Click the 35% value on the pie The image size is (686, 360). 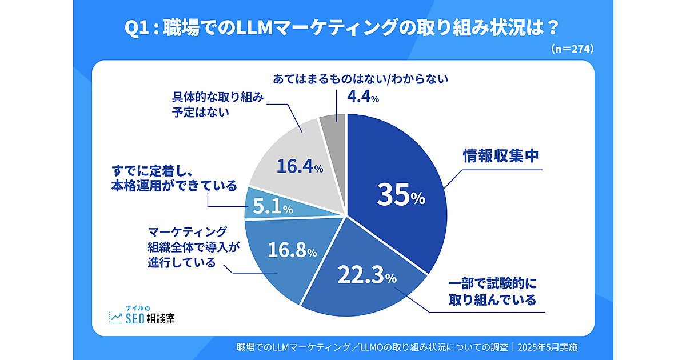[401, 195]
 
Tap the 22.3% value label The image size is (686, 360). [366, 277]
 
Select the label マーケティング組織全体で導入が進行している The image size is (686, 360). [187, 247]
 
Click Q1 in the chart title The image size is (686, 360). [141, 27]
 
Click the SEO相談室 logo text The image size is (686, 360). [150, 318]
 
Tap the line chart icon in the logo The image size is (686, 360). [115, 317]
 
